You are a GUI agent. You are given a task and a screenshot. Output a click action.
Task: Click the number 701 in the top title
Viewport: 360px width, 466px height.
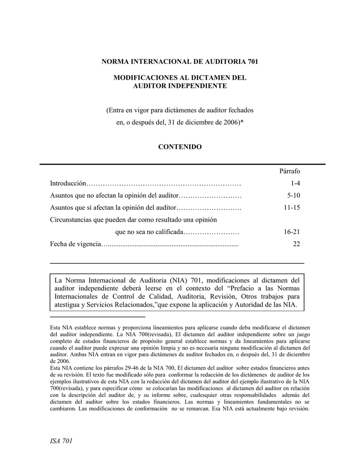tap(252, 61)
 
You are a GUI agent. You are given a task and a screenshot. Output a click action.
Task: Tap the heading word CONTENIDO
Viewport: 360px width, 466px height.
tap(179, 147)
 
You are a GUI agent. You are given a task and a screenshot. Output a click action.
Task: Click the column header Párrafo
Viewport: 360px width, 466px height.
tap(289, 171)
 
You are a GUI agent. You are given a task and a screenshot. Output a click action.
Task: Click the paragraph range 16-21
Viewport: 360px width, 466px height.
tap(292, 232)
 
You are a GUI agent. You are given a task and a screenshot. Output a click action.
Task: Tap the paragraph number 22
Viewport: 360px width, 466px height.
tap(296, 244)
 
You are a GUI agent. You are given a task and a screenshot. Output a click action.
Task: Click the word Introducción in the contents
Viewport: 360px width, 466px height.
tap(68, 183)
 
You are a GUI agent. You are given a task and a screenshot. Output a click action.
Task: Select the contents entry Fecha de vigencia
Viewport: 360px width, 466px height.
tap(75, 244)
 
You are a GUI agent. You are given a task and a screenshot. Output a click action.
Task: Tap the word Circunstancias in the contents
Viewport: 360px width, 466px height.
tap(72, 220)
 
